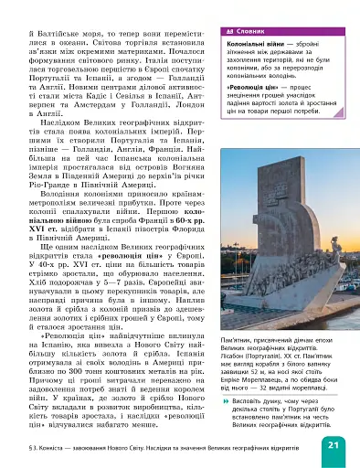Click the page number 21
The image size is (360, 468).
(333, 444)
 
